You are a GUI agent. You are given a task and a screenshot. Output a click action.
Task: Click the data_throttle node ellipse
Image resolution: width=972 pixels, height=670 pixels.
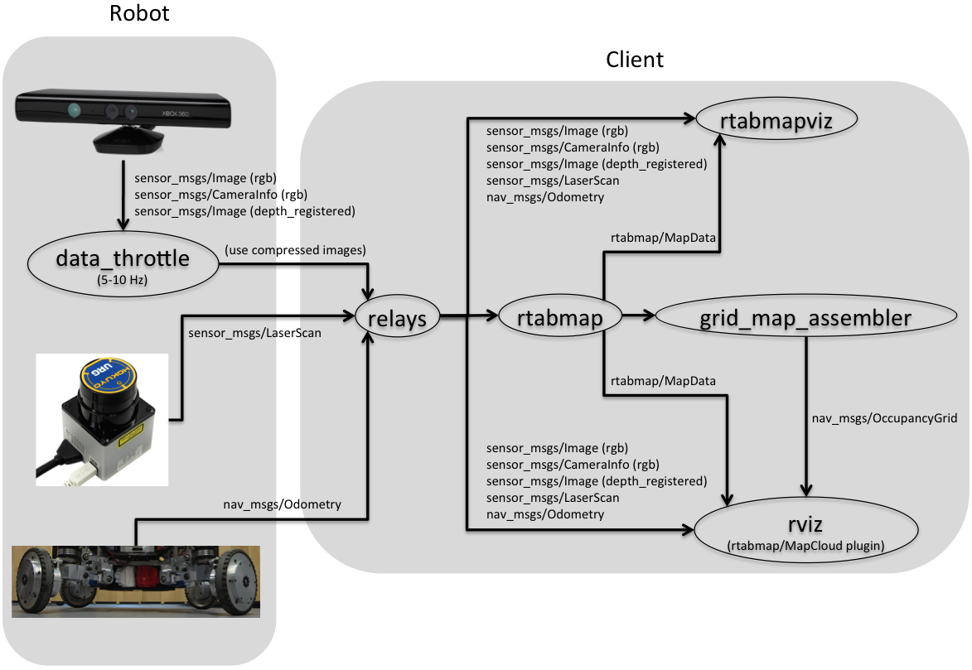click(x=123, y=263)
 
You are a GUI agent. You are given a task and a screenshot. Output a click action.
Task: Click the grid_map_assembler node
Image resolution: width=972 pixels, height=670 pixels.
click(x=805, y=316)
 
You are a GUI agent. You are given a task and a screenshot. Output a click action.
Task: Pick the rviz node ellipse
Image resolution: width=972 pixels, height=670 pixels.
click(x=807, y=529)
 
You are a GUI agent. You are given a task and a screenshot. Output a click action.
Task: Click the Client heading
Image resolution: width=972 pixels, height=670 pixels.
click(x=635, y=60)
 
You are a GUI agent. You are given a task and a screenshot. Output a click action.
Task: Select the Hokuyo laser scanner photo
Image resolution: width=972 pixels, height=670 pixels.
click(x=101, y=418)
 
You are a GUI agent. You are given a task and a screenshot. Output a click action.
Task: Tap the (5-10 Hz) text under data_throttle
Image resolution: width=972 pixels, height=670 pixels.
click(x=122, y=281)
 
